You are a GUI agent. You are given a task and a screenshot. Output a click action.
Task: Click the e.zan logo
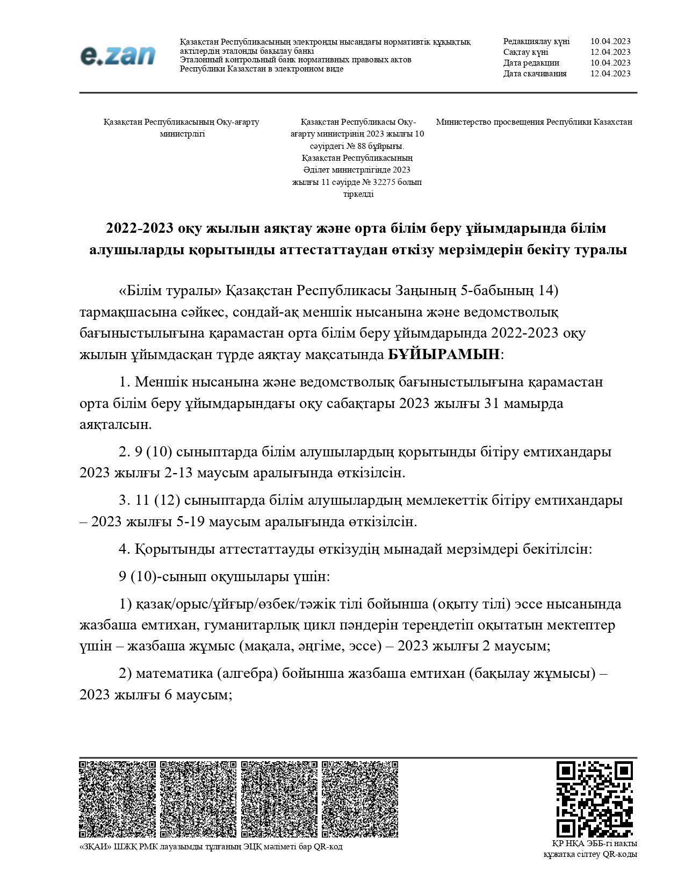point(118,55)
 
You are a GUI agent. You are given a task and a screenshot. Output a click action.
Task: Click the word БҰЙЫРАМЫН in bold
point(444,355)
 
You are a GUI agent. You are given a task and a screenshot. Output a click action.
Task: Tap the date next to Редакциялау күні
point(610,41)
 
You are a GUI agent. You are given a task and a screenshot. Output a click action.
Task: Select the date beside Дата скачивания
point(610,74)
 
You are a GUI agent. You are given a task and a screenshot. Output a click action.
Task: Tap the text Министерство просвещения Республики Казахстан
point(533,122)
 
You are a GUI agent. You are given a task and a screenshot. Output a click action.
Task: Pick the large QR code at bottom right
point(594,799)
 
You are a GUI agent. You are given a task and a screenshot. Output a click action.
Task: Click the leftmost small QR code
point(117,799)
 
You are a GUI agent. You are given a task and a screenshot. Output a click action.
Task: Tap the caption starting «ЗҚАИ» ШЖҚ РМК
point(211,847)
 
